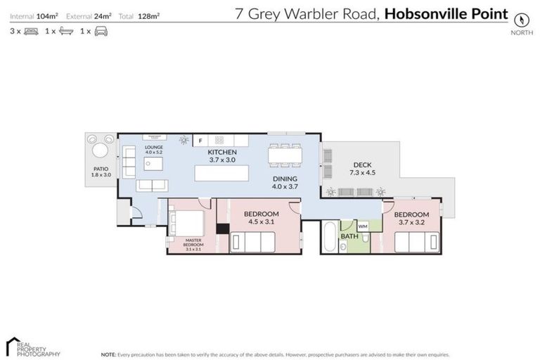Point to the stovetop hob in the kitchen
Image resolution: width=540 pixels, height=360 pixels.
coord(219,140)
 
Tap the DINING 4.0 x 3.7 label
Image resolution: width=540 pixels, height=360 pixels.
coord(285,183)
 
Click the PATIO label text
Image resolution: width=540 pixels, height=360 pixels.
coord(101,169)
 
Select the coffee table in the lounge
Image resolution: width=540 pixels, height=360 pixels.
coord(153,164)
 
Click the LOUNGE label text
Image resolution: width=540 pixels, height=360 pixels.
coord(153,149)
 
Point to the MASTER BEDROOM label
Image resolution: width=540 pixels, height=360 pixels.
coord(193,245)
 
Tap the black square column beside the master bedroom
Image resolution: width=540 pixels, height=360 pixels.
coord(222,228)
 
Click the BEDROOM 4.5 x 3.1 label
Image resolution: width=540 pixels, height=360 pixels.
coord(261,217)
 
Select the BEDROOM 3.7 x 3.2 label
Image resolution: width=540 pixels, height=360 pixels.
coord(411,218)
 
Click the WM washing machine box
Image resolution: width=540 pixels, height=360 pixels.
coord(363,226)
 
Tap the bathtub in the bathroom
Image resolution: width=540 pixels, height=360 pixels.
coord(329,236)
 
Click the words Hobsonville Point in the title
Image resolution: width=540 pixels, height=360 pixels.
coord(446,13)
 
